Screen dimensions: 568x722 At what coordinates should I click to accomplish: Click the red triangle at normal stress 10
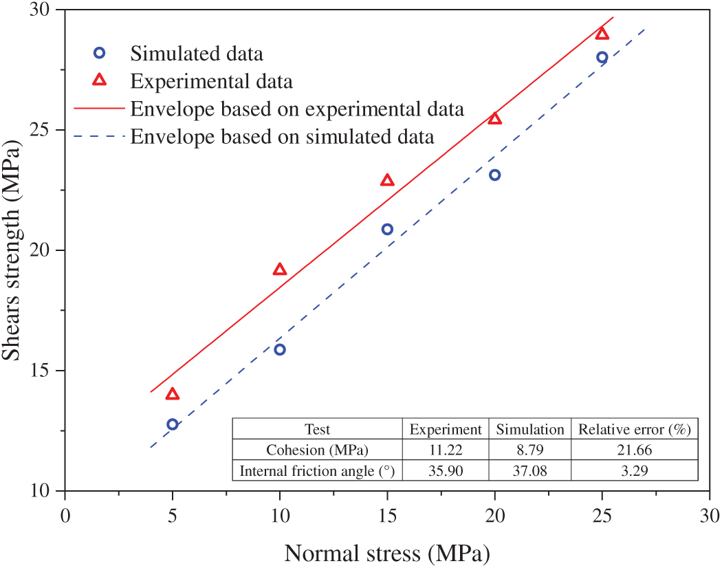280,270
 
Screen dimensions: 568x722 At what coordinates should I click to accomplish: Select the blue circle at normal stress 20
494,175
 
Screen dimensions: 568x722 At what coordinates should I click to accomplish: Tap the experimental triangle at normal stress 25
602,34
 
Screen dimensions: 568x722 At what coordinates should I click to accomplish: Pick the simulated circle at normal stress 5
173,424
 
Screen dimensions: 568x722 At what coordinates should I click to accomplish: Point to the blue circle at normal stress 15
387,229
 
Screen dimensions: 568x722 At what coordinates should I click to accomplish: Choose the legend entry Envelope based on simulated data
282,137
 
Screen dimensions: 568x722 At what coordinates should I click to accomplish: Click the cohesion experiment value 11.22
446,450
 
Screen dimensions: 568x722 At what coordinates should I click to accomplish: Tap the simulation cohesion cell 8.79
530,450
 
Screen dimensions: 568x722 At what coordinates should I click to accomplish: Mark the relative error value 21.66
633,450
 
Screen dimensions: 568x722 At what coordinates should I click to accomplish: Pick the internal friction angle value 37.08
530,472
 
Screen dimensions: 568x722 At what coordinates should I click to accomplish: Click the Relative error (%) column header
633,430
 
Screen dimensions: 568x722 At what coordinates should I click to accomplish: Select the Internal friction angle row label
317,472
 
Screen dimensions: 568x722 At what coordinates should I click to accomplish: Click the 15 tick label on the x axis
387,516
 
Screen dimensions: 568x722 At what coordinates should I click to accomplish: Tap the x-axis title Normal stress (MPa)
386,553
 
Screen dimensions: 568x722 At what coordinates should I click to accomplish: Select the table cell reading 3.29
633,472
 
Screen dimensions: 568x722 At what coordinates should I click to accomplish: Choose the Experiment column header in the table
446,430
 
